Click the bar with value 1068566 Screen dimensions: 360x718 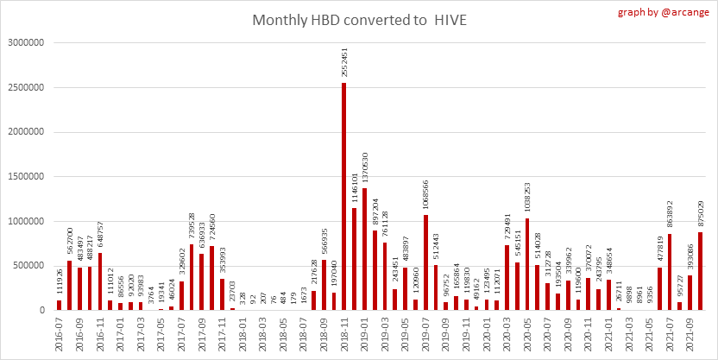(x=426, y=262)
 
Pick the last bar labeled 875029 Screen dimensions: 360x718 (x=700, y=271)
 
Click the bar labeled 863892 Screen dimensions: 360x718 (x=669, y=271)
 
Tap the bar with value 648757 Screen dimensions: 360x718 (x=100, y=281)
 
